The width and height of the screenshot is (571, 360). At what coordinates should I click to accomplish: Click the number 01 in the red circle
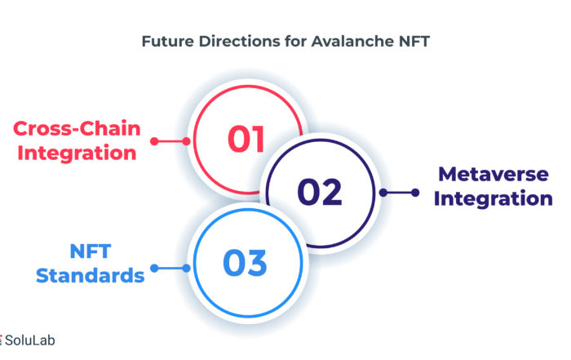[246, 139]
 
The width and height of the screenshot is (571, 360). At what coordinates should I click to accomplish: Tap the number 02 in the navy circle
[320, 192]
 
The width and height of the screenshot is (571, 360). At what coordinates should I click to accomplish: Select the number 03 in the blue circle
[245, 262]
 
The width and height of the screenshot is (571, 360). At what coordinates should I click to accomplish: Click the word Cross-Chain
[77, 129]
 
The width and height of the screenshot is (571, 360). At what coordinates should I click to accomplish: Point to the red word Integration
[77, 153]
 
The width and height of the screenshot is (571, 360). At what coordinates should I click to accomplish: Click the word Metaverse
[494, 174]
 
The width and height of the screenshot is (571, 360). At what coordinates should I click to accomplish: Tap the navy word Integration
[494, 199]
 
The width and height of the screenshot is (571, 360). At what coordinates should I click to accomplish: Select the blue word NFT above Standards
[91, 251]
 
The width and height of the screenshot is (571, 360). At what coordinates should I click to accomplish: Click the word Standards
[91, 275]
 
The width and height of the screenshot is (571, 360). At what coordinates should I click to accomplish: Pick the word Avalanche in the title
[352, 41]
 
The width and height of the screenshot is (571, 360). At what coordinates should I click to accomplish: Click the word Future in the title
[168, 41]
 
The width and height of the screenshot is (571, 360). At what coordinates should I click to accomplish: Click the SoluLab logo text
[30, 340]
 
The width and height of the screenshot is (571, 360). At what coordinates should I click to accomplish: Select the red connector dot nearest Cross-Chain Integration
[154, 141]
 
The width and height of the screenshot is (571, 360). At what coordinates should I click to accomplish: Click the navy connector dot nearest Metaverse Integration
[415, 193]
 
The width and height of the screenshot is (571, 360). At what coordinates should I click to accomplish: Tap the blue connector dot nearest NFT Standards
[154, 269]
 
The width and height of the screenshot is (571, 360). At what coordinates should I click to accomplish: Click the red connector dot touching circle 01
[187, 141]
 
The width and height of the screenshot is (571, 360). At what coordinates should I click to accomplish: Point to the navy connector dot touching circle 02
[383, 193]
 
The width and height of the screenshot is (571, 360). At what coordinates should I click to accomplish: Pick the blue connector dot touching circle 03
[187, 269]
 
